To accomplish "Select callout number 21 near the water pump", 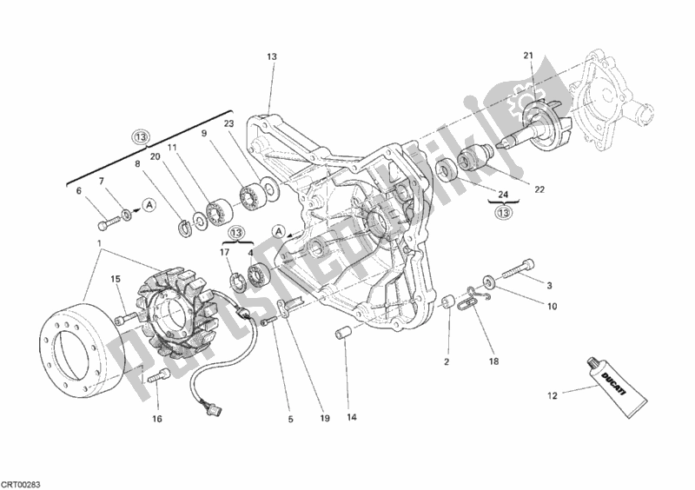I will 527,58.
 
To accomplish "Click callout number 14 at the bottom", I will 352,417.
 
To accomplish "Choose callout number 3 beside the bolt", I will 549,285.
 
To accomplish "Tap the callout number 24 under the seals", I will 504,194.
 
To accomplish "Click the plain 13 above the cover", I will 271,56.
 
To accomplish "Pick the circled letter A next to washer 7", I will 149,205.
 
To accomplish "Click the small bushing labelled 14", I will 342,334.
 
